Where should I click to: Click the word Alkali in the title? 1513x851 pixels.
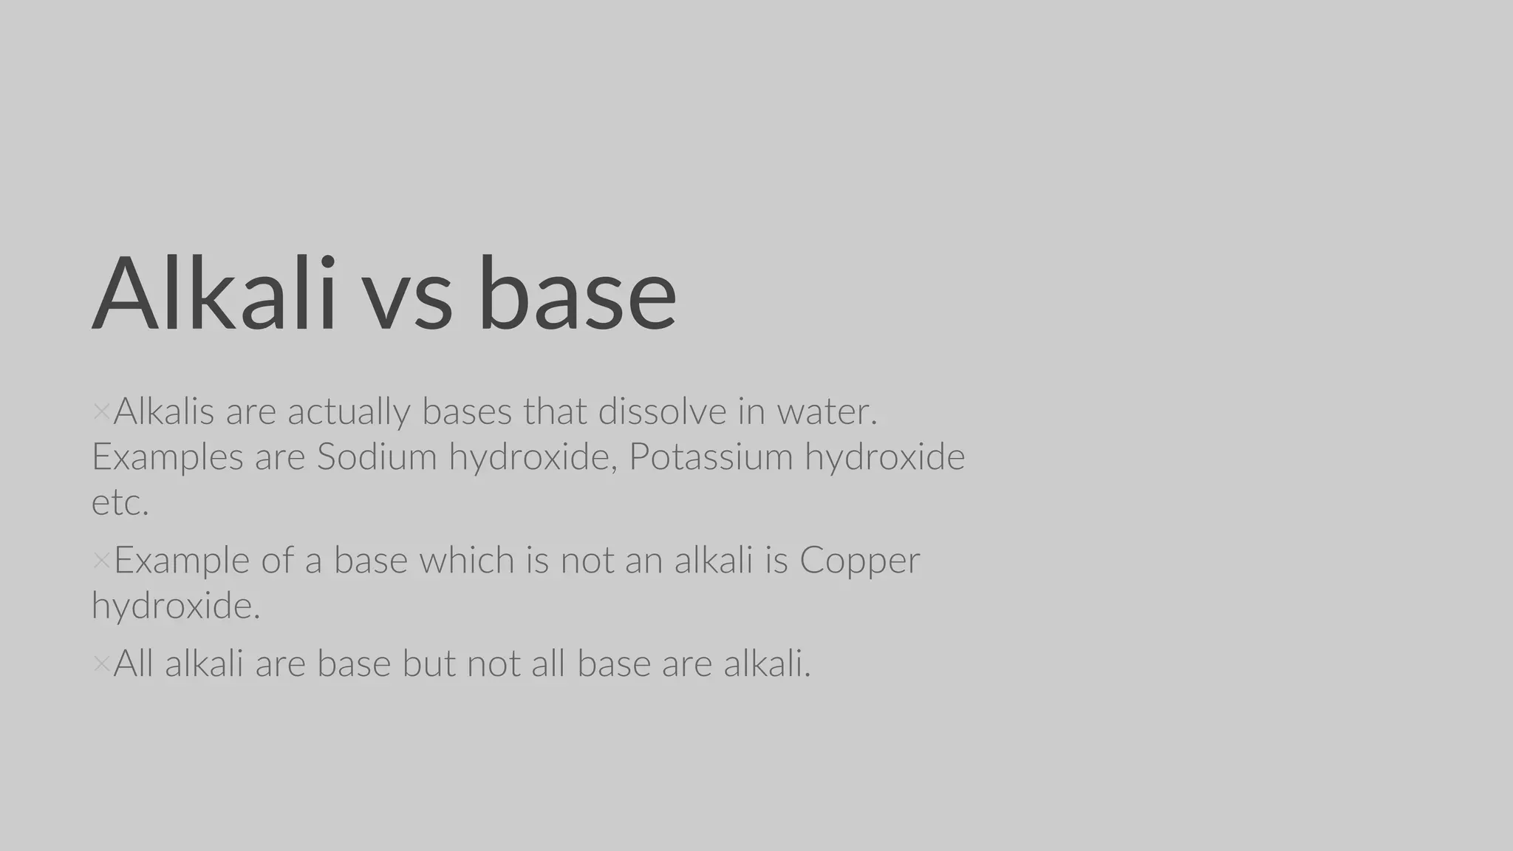point(214,293)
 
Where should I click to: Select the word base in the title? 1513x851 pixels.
point(577,293)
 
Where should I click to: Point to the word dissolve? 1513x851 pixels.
point(662,411)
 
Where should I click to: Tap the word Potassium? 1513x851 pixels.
point(711,457)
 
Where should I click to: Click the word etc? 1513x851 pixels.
point(120,503)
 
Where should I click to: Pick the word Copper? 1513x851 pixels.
point(859,560)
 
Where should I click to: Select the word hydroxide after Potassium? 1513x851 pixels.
point(884,457)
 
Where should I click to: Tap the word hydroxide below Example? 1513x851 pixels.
point(176,606)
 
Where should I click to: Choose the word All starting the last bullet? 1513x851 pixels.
point(133,663)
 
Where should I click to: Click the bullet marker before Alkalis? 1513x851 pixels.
point(101,412)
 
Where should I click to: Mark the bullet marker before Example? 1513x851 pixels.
point(101,561)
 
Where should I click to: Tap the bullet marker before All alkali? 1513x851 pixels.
point(101,664)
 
